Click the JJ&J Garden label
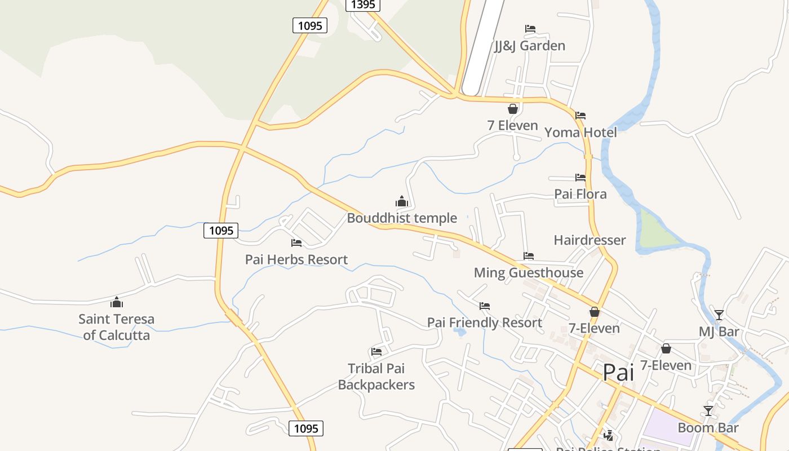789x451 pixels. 529,46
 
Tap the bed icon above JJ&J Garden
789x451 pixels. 530,29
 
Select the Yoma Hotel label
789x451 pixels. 580,132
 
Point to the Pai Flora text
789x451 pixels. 580,194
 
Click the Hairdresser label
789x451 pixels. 589,240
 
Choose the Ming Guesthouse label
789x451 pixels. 529,273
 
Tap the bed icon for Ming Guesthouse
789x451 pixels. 528,256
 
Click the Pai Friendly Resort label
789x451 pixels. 485,323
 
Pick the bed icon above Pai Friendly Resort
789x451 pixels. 484,306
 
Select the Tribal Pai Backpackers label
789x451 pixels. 376,377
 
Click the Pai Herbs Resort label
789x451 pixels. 296,260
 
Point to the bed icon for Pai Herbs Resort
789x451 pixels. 296,243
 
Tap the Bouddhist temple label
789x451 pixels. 402,218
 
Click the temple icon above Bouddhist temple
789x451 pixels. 401,201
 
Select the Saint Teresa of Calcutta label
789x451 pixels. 116,327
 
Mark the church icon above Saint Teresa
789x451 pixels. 117,302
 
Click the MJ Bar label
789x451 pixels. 719,331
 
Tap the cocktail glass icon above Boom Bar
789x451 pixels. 708,410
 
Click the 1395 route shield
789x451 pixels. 362,5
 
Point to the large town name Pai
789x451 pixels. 618,373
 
